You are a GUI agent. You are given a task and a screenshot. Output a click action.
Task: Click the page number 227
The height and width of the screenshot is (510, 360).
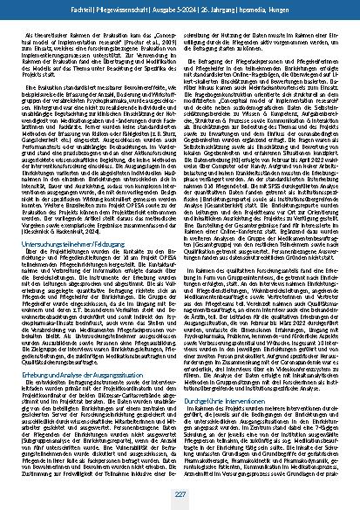point(180,493)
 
